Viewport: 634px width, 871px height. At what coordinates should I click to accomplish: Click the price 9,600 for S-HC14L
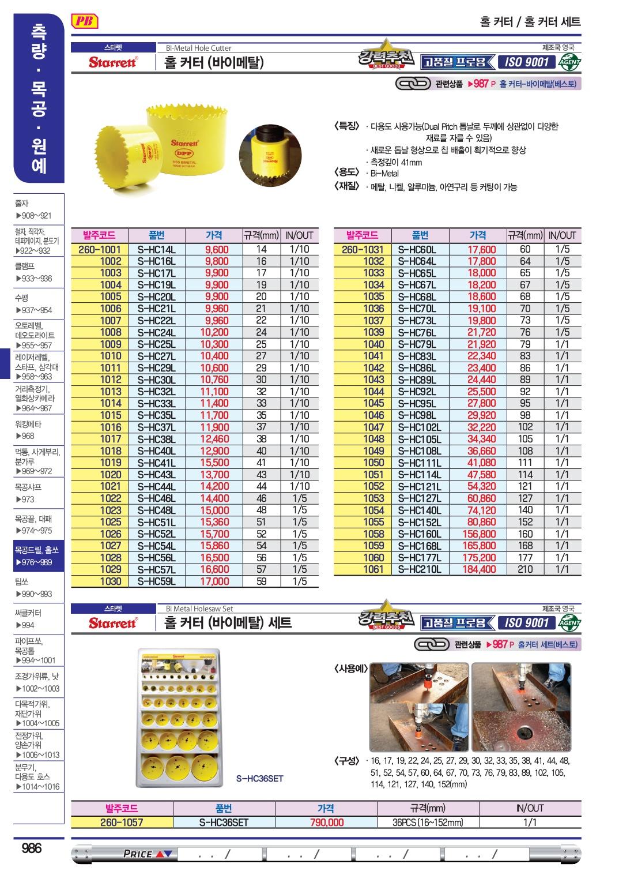216,250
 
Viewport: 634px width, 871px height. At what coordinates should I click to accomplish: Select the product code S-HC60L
417,250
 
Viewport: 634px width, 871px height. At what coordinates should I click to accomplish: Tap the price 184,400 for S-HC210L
478,569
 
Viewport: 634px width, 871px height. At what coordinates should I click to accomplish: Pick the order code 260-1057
122,823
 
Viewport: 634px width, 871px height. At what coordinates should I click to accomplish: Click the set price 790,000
326,823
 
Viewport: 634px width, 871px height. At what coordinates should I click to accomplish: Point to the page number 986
31,848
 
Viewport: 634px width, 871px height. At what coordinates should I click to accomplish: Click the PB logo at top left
85,22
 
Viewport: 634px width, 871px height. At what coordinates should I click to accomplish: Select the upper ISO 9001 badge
525,62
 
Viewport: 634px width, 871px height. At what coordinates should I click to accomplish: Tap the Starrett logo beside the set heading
113,623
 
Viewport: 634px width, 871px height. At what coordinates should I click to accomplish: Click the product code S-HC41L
156,463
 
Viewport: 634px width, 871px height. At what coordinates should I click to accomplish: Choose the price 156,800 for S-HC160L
478,534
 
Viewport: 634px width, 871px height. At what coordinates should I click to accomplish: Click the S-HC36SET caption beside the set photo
260,779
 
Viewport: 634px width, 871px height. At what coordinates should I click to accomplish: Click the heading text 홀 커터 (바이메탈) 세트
228,623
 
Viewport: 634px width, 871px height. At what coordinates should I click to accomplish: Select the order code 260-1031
362,250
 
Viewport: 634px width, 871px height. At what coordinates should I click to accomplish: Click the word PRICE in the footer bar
138,854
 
